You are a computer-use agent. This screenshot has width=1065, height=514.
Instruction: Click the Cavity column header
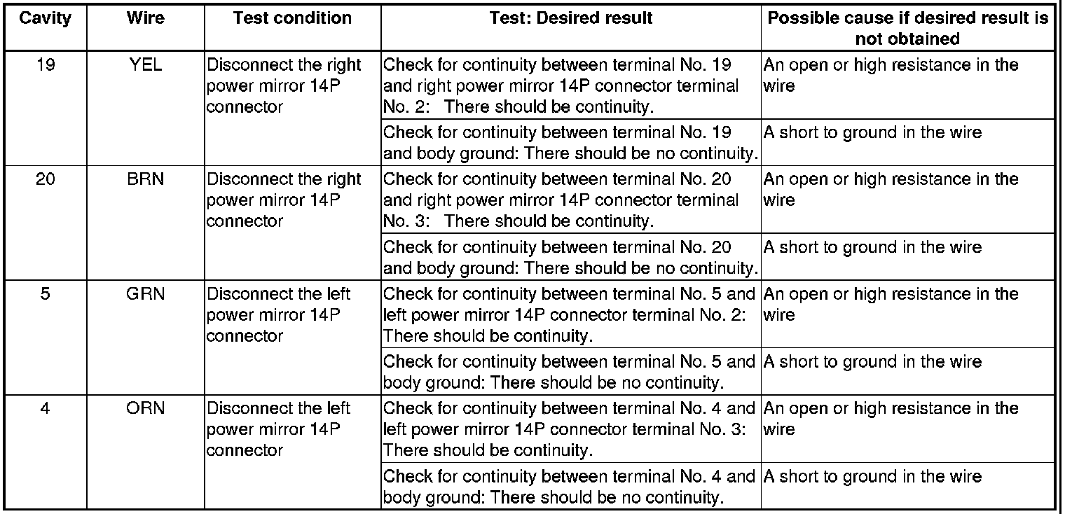pyautogui.click(x=45, y=18)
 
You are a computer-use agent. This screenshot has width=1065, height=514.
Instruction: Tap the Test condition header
pyautogui.click(x=292, y=18)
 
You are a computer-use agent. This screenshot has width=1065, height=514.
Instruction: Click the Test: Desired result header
pyautogui.click(x=570, y=18)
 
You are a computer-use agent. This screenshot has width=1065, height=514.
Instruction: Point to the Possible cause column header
pyautogui.click(x=907, y=28)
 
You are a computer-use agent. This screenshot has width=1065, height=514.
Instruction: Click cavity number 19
pyautogui.click(x=45, y=66)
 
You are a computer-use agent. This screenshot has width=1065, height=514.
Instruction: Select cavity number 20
pyautogui.click(x=45, y=180)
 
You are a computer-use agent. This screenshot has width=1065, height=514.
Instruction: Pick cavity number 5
pyautogui.click(x=45, y=294)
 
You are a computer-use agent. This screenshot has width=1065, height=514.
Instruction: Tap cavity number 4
pyautogui.click(x=45, y=408)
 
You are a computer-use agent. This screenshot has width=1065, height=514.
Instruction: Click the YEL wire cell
pyautogui.click(x=145, y=66)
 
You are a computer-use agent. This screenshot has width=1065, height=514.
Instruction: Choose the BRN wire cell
pyautogui.click(x=145, y=180)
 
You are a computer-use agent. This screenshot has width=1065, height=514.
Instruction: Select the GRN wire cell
pyautogui.click(x=145, y=294)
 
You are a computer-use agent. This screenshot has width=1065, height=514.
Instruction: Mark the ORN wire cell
pyautogui.click(x=145, y=408)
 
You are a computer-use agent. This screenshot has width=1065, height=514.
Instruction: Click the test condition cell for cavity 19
pyautogui.click(x=284, y=86)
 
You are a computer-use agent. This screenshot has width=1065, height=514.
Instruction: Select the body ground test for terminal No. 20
pyautogui.click(x=570, y=258)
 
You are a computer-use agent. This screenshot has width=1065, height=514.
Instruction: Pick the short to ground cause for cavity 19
pyautogui.click(x=872, y=133)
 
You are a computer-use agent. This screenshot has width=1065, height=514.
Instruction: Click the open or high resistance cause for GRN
pyautogui.click(x=890, y=304)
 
